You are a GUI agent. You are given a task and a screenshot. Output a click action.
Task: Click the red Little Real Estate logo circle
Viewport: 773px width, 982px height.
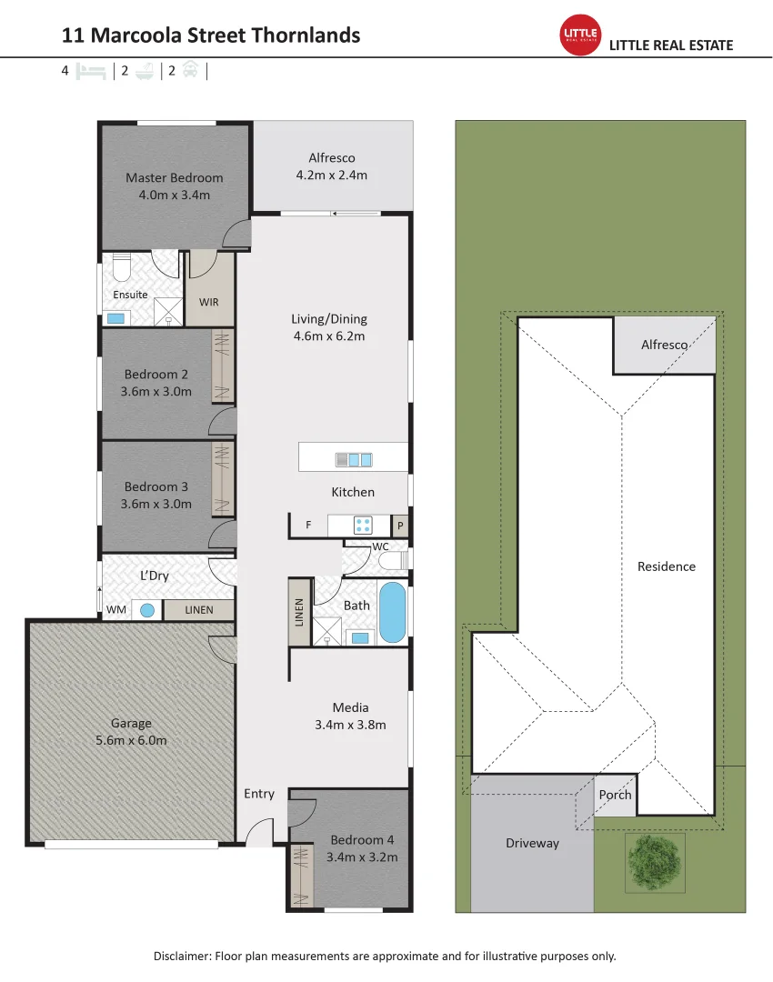click(581, 35)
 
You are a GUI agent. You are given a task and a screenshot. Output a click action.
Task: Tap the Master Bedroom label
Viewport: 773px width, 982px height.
click(174, 177)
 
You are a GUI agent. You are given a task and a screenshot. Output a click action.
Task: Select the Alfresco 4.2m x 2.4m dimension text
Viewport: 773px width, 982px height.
click(331, 175)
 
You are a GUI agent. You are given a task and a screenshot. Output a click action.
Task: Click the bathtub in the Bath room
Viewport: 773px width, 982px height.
click(392, 613)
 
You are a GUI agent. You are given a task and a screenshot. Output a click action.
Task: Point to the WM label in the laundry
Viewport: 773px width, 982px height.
click(116, 610)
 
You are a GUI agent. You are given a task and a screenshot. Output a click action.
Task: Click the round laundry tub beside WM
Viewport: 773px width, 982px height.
click(146, 610)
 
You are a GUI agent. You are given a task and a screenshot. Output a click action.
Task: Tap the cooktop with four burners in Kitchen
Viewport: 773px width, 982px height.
click(363, 526)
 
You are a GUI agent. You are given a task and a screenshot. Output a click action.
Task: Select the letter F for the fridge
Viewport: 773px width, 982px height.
click(308, 526)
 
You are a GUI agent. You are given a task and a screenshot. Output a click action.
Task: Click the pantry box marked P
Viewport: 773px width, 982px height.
click(400, 526)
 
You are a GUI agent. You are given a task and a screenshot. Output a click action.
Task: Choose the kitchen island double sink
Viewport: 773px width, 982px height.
click(354, 459)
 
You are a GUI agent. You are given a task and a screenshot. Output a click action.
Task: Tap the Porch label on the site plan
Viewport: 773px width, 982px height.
click(615, 795)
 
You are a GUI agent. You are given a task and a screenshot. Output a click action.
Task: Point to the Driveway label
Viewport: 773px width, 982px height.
click(532, 843)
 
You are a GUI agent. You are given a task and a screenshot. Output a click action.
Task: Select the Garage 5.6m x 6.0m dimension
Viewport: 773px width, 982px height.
click(131, 740)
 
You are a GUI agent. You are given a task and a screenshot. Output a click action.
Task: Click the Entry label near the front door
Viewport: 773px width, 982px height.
click(259, 794)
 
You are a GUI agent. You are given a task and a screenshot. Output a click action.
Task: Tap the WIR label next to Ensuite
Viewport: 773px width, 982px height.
click(209, 302)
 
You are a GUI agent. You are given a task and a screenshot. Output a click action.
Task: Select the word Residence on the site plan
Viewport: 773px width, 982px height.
click(666, 566)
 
